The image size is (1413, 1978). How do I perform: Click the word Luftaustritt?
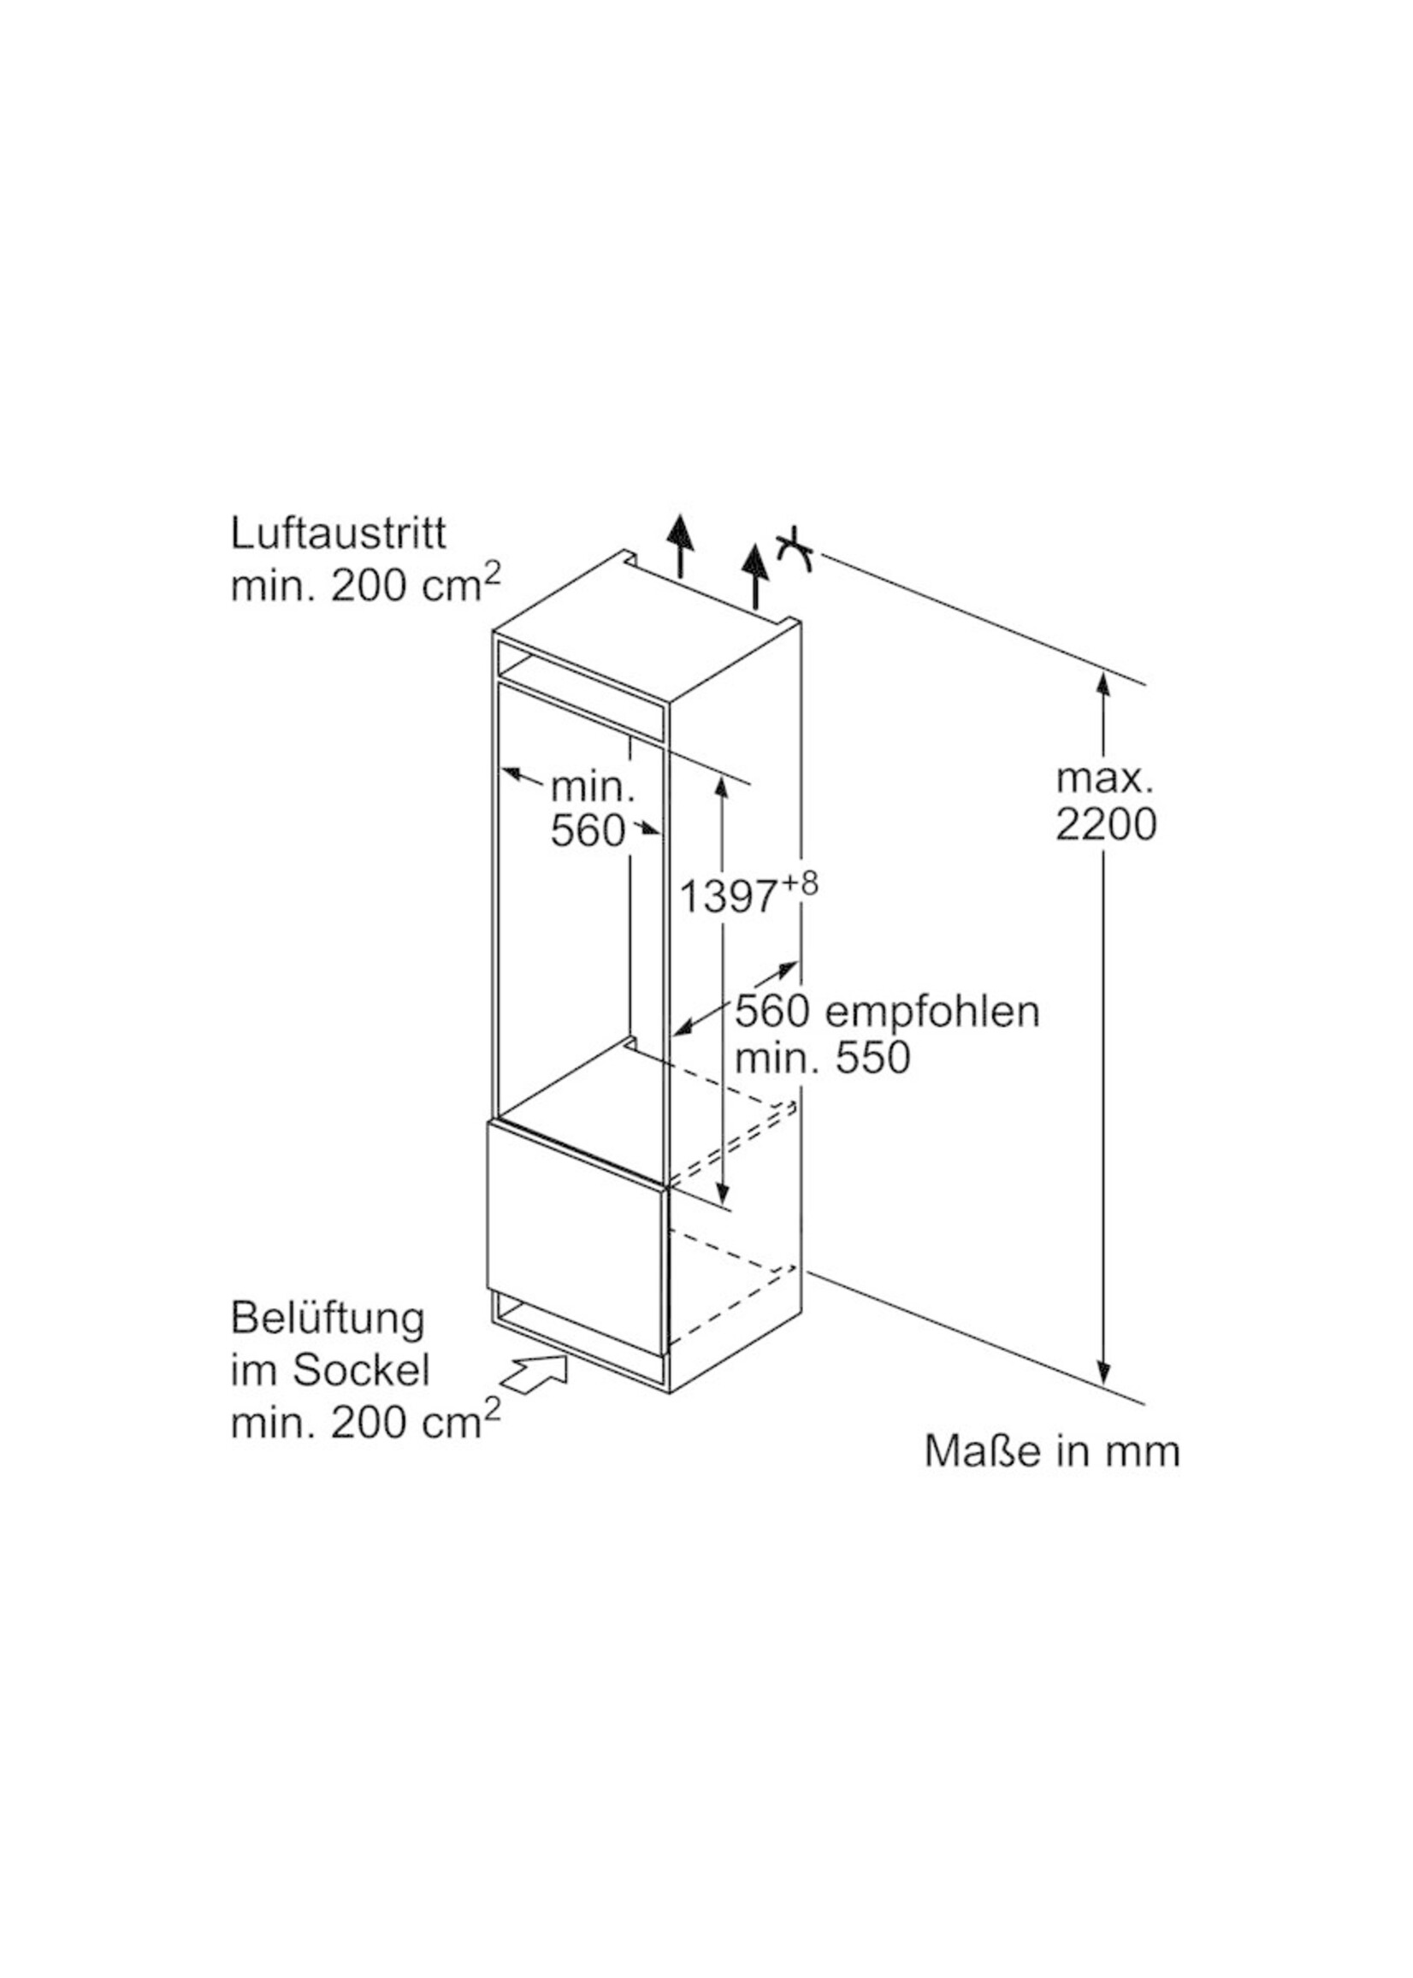[x=338, y=534]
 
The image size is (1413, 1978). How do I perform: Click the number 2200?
[x=1106, y=824]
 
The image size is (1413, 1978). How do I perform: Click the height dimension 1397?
[x=726, y=897]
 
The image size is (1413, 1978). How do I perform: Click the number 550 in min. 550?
[x=871, y=1059]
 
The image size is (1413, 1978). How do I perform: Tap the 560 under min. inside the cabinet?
[x=588, y=831]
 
